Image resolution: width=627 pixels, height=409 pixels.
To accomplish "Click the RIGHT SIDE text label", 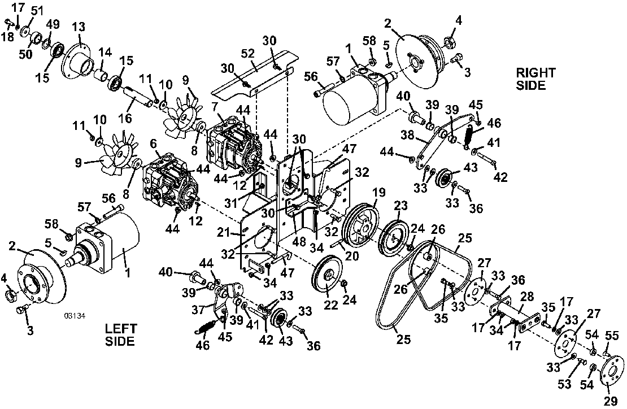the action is pyautogui.click(x=535, y=79).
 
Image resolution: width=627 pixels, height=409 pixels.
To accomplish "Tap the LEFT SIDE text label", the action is pyautogui.click(x=120, y=335).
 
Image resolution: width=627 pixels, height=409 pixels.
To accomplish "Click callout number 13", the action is pyautogui.click(x=79, y=27).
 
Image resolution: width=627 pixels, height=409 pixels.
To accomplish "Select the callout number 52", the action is pyautogui.click(x=249, y=53).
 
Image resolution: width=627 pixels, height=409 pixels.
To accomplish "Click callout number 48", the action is pyautogui.click(x=299, y=241).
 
